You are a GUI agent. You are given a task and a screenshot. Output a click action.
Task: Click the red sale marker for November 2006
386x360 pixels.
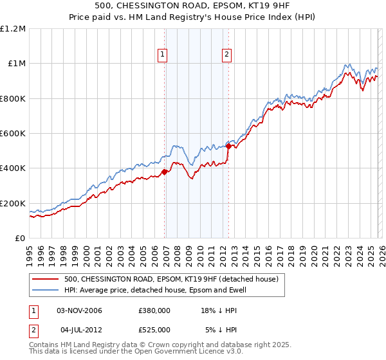pos(165,172)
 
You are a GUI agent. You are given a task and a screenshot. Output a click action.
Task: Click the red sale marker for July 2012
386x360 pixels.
pos(228,147)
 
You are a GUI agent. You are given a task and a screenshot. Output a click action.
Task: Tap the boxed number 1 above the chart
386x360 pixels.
pos(163,55)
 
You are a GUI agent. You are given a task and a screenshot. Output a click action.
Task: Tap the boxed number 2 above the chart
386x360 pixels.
pos(227,55)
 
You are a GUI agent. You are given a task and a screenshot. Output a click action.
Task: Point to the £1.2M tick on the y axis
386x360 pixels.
pos(13,29)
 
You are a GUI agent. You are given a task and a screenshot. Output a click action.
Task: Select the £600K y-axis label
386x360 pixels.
pos(13,134)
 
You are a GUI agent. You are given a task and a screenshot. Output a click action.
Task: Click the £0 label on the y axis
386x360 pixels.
pos(19,239)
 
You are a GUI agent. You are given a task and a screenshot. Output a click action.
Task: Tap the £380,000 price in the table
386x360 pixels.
pos(154,310)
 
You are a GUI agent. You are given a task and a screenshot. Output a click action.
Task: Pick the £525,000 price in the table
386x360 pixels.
pos(154,330)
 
